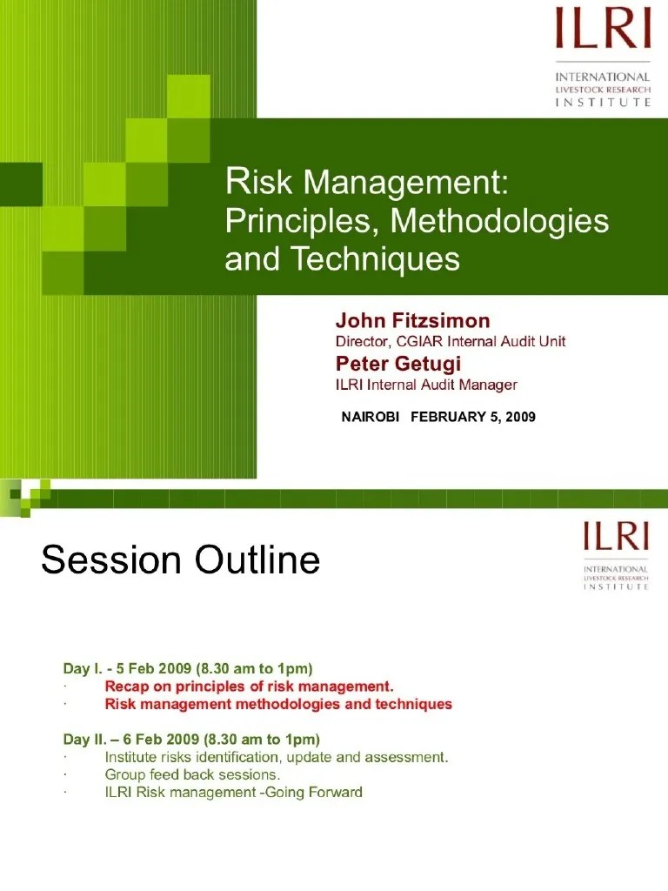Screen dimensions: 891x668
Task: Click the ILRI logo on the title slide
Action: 604,57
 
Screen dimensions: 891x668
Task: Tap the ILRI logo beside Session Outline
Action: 616,554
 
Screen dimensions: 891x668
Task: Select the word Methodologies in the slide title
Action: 499,221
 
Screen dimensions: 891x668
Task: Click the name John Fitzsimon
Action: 413,321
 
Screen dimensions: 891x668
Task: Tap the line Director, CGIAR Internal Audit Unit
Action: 451,341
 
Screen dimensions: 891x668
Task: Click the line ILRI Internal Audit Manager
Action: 426,384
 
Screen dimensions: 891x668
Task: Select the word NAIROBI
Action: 371,417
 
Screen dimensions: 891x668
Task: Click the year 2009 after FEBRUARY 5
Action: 519,417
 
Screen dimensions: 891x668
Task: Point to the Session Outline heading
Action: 181,560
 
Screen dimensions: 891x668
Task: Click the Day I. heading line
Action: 188,668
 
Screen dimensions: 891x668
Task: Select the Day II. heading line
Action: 192,740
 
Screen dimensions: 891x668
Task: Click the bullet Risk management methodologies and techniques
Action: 278,704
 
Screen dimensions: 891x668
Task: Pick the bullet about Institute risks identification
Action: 277,757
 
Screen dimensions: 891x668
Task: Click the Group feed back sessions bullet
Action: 192,774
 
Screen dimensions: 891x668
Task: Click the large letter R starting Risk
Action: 233,182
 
